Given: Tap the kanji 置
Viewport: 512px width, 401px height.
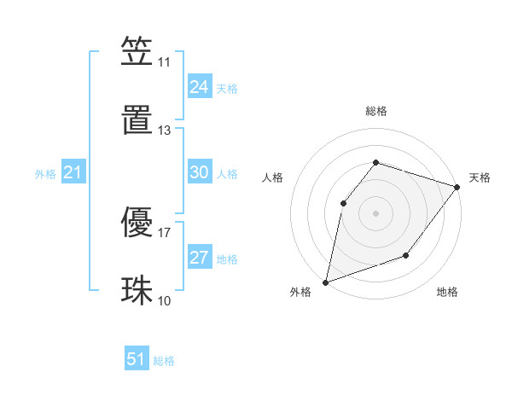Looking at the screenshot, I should [137, 120].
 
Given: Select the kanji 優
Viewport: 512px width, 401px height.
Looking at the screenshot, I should [137, 223].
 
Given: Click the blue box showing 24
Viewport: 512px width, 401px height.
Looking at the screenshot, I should [199, 87].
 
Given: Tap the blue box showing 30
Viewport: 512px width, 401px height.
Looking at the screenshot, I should [199, 172].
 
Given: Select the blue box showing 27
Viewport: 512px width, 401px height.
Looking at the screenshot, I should [199, 258].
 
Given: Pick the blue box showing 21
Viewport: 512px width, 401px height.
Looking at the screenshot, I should [73, 172].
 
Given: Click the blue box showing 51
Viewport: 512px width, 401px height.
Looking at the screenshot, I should [137, 359].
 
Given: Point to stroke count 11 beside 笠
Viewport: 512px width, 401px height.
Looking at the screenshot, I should [164, 62].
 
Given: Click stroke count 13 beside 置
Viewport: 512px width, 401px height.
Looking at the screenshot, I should [164, 131].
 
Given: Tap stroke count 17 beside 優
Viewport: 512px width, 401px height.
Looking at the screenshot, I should [164, 231].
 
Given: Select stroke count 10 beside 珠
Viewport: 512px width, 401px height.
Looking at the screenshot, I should [164, 300].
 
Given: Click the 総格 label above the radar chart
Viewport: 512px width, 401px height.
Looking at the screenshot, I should [375, 111].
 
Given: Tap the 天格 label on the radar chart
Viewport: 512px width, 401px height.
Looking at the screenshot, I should [480, 177].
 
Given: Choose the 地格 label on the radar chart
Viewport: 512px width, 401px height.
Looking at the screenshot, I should [447, 292].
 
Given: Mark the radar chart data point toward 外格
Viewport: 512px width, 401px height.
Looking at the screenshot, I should [325, 282].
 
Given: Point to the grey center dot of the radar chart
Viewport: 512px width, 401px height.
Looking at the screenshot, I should [375, 212].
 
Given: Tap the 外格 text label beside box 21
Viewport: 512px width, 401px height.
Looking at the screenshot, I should [45, 174].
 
